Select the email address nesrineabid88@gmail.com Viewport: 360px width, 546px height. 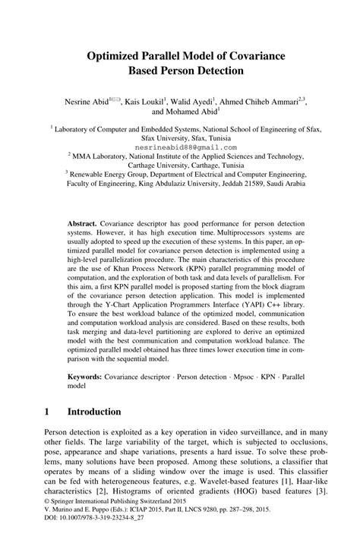180,147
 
